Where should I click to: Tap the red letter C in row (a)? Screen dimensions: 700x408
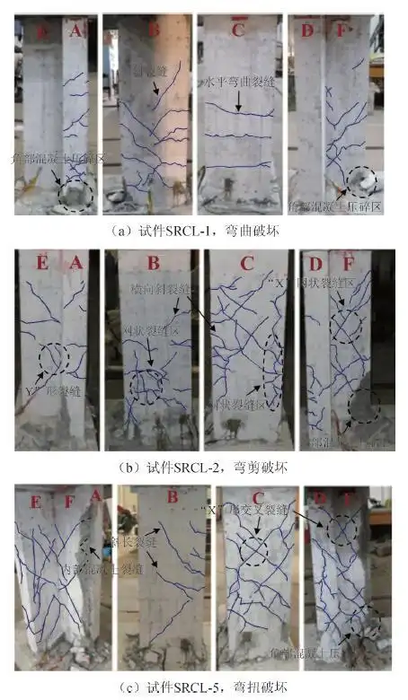(237, 29)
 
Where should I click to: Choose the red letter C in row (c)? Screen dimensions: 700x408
(259, 499)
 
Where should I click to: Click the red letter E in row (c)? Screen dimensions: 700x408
(35, 499)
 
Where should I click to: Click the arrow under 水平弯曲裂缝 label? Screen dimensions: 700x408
(238, 103)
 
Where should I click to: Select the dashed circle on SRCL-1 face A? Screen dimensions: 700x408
(74, 194)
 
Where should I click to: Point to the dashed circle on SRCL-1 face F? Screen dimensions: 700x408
(361, 183)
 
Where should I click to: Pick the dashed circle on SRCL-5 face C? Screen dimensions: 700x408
(254, 547)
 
